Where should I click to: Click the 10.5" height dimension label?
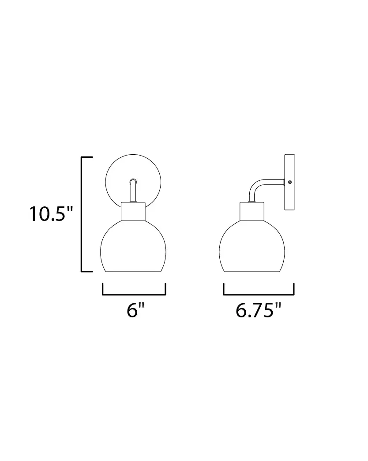click(x=51, y=214)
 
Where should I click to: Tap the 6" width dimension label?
click(x=135, y=310)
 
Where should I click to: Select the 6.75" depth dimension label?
click(x=258, y=310)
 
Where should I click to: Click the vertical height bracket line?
click(x=82, y=214)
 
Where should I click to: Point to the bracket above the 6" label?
click(x=134, y=294)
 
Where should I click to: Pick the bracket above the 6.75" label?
click(x=259, y=294)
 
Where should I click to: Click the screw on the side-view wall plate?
click(x=290, y=182)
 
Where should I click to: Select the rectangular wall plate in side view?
click(x=289, y=182)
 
